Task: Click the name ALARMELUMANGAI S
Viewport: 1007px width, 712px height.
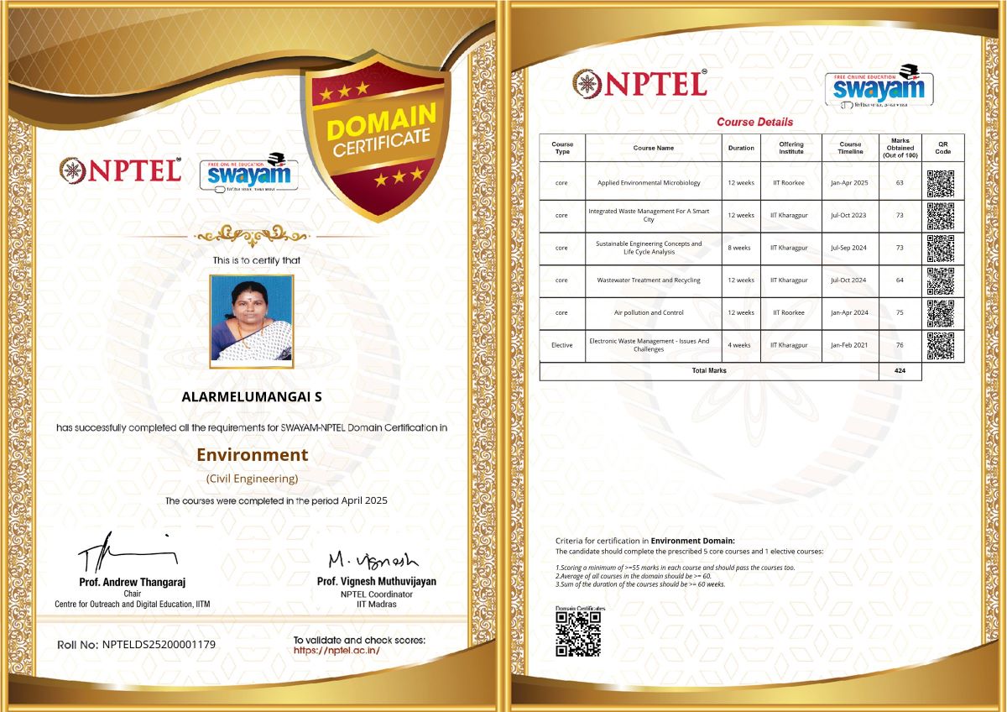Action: [x=252, y=396]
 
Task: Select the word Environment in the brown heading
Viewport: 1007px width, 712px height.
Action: [x=252, y=455]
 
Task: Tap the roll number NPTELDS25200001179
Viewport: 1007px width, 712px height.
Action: [x=159, y=645]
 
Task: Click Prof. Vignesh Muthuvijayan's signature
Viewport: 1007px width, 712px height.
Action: [x=373, y=558]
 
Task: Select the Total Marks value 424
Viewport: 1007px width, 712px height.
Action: [x=900, y=370]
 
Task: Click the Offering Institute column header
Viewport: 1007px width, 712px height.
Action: [x=790, y=148]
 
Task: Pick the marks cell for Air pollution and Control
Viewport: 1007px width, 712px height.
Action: [x=900, y=312]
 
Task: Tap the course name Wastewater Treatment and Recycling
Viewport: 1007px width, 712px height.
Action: [x=649, y=280]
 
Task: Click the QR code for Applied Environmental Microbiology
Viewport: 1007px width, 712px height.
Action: [x=941, y=183]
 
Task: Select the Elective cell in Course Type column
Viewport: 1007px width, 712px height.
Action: [x=562, y=345]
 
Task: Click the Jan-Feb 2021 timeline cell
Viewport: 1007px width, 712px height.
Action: [x=849, y=345]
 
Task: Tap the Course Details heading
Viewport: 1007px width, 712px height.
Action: [x=754, y=122]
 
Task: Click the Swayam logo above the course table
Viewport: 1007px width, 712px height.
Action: [x=879, y=85]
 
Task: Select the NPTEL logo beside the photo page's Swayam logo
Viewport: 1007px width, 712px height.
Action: [x=120, y=170]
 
